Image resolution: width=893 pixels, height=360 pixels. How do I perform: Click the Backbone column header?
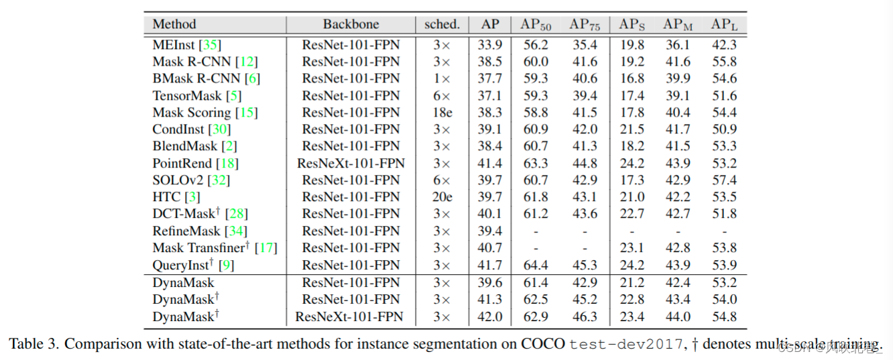point(351,25)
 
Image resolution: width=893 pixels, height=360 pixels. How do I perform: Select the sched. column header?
point(442,25)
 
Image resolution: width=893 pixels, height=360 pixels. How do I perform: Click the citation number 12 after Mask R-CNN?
point(247,62)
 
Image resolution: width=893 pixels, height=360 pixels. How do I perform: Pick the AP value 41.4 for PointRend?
point(490,163)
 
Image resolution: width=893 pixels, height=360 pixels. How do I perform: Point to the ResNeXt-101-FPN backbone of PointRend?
point(351,163)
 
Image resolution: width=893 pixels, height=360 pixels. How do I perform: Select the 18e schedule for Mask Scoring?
point(442,113)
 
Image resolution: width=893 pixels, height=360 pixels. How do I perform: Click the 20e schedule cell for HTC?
point(442,197)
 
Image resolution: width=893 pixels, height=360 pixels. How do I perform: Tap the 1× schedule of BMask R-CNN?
point(442,78)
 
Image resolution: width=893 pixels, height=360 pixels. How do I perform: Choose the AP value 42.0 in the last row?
point(490,316)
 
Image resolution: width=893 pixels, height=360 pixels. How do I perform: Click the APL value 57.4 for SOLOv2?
point(724,180)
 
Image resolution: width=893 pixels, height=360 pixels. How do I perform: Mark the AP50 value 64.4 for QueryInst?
point(536,265)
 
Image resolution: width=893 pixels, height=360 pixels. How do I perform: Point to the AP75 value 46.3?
point(585,316)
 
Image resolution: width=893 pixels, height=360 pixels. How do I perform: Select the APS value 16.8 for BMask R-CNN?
point(632,78)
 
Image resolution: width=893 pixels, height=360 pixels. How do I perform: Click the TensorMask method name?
point(186,96)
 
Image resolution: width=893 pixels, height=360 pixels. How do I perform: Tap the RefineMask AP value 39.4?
point(490,231)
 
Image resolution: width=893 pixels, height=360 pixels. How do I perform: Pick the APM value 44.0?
point(677,316)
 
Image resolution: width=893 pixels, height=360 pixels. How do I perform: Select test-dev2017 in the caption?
point(627,345)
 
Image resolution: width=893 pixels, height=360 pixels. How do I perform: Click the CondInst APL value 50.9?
point(724,129)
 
